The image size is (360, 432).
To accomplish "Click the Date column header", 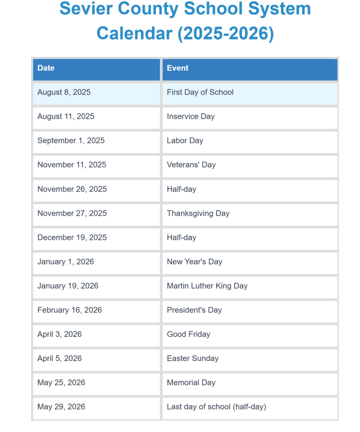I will pyautogui.click(x=46, y=68).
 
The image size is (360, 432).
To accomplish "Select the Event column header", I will pyautogui.click(x=178, y=68).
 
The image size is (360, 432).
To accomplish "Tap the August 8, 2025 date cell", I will pyautogui.click(x=64, y=93).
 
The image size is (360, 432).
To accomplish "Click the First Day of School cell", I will pyautogui.click(x=200, y=93).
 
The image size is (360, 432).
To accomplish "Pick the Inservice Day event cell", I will pyautogui.click(x=191, y=117).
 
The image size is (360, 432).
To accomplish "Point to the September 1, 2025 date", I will pyautogui.click(x=71, y=141).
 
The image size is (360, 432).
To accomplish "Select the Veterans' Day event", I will pyautogui.click(x=191, y=165).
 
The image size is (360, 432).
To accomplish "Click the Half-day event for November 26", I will pyautogui.click(x=182, y=189).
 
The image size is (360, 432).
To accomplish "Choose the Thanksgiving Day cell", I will pyautogui.click(x=198, y=214).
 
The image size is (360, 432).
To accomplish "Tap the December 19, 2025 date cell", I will pyautogui.click(x=72, y=238).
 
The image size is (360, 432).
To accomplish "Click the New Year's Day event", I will pyautogui.click(x=195, y=262).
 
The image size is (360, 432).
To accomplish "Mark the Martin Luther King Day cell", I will pyautogui.click(x=207, y=286).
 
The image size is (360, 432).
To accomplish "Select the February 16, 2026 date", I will pyautogui.click(x=70, y=310).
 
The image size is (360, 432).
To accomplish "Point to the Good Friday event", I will pyautogui.click(x=189, y=334).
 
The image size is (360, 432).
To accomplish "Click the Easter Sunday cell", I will pyautogui.click(x=192, y=358).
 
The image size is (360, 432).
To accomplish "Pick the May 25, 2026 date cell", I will pyautogui.click(x=61, y=383).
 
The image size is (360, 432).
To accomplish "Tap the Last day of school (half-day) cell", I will pyautogui.click(x=216, y=407).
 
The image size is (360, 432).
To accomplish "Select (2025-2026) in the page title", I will pyautogui.click(x=225, y=33).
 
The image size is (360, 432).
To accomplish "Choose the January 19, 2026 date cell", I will pyautogui.click(x=68, y=286).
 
